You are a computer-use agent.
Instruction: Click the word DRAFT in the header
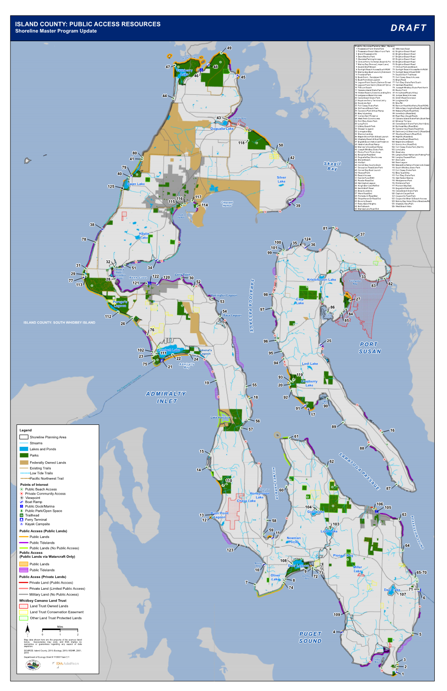[x=408, y=28]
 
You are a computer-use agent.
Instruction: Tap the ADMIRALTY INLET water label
[x=166, y=397]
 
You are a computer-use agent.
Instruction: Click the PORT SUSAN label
[x=370, y=348]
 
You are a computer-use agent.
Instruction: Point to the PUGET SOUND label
[x=310, y=637]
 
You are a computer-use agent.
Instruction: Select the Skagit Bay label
[x=332, y=166]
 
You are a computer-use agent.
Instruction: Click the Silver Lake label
[x=281, y=179]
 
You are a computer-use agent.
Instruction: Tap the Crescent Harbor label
[x=227, y=203]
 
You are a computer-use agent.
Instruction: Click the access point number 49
[x=229, y=48]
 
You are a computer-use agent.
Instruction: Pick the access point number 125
[x=111, y=186]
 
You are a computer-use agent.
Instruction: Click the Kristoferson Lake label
[x=321, y=279]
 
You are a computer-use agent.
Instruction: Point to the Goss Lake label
[x=316, y=512]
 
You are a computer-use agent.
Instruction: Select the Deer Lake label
[x=392, y=590]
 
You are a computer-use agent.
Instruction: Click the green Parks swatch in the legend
[x=24, y=455]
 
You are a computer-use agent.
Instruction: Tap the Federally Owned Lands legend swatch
[x=24, y=462]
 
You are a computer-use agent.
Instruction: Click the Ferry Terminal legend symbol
[x=21, y=520]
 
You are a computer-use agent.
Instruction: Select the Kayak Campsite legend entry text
[x=37, y=524]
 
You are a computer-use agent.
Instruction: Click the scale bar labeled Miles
[x=60, y=630]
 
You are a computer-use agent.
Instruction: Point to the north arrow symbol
[x=27, y=630]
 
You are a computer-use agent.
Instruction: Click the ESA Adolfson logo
[x=66, y=663]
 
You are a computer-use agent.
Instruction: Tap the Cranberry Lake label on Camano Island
[x=309, y=383]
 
